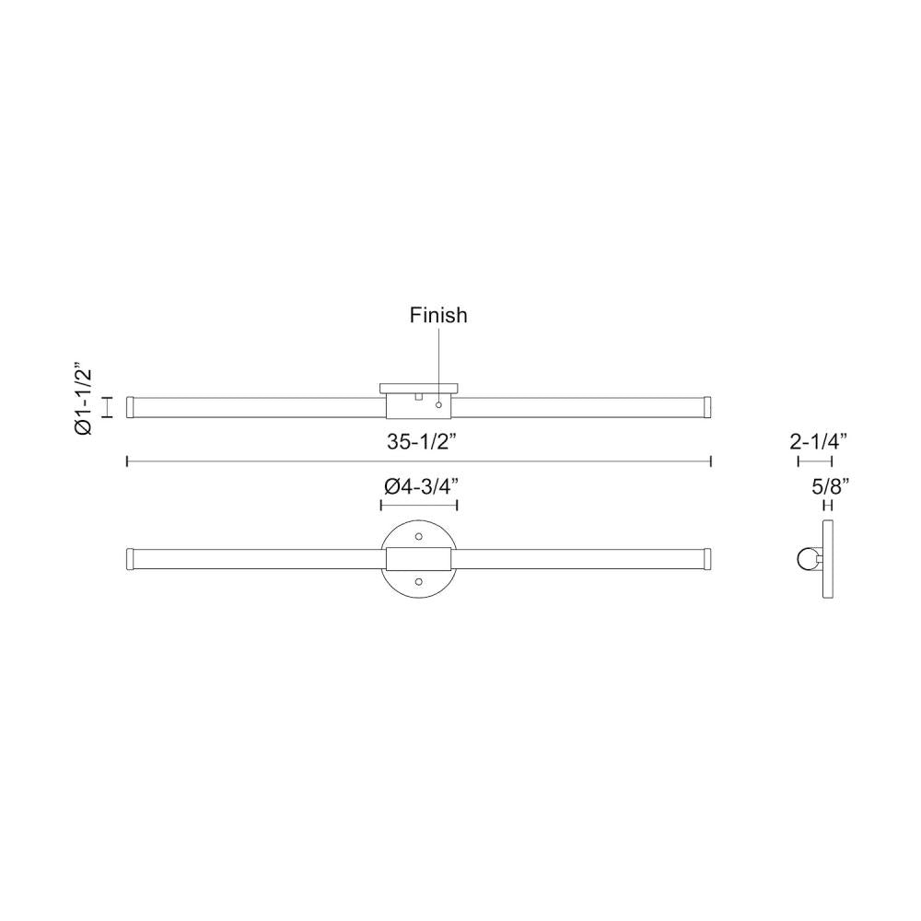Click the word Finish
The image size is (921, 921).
coord(438,315)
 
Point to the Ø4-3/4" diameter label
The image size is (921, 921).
coord(419,485)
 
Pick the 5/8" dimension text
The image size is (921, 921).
coord(828,485)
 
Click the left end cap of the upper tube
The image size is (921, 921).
coord(131,406)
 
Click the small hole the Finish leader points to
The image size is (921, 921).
coord(438,404)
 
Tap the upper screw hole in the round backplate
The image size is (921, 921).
coord(419,535)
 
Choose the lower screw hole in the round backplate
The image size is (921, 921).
coord(419,581)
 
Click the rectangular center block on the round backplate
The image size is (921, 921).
coord(419,558)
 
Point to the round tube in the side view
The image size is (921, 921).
coord(808,558)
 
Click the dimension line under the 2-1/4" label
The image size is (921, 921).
coord(815,460)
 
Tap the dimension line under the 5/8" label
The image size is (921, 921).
coord(828,505)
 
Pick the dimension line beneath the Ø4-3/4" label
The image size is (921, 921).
coord(419,505)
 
